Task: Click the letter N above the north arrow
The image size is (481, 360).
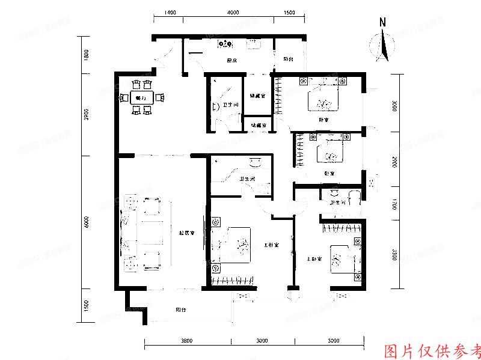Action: pyautogui.click(x=382, y=22)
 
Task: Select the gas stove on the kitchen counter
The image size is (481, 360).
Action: pyautogui.click(x=227, y=43)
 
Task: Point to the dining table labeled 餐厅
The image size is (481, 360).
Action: pyautogui.click(x=142, y=97)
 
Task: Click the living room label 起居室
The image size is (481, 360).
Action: pyautogui.click(x=186, y=233)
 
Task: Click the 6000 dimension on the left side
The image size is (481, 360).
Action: pyautogui.click(x=87, y=222)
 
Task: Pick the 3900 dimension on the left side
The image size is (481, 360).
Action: pyautogui.click(x=87, y=114)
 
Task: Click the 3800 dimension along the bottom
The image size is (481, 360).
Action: pyautogui.click(x=186, y=341)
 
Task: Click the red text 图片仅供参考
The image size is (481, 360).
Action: pyautogui.click(x=432, y=350)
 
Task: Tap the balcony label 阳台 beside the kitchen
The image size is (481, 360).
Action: pyautogui.click(x=289, y=59)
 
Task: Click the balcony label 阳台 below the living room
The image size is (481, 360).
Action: pyautogui.click(x=180, y=310)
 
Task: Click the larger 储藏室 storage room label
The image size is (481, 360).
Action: pyautogui.click(x=259, y=96)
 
